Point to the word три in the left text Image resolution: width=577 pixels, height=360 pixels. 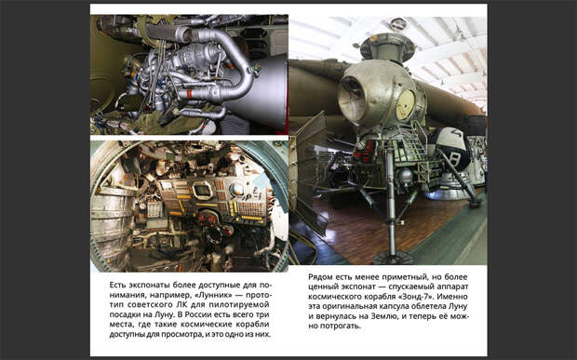[262, 314]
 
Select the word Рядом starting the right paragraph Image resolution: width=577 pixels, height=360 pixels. [319, 277]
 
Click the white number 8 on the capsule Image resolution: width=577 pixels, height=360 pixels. [454, 159]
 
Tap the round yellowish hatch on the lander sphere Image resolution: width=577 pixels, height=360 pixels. [406, 105]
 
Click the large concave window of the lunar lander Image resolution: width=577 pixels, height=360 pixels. [352, 99]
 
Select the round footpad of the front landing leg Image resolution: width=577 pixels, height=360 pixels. [394, 258]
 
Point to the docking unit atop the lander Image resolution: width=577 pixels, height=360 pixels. [387, 46]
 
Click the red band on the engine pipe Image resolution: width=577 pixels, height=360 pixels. [189, 94]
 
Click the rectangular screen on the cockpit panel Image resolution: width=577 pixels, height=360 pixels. [203, 191]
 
